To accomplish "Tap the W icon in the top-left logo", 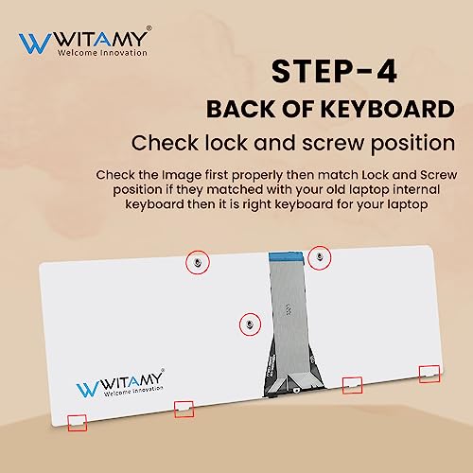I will (33, 44).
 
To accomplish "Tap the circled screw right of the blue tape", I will (320, 256).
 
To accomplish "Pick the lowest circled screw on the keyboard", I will (249, 324).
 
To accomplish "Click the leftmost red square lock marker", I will (75, 421).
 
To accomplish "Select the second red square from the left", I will (184, 409).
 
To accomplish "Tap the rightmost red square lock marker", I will (429, 374).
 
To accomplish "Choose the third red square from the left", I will (352, 384).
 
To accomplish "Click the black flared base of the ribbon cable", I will (288, 378).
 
